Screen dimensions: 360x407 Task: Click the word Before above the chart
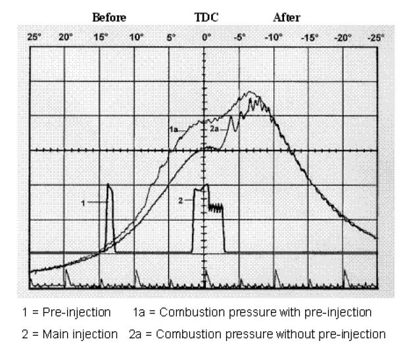tap(109, 17)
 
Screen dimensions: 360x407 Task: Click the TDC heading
tap(206, 17)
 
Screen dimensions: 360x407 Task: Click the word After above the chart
tap(286, 17)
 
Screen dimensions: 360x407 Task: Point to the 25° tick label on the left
tap(34, 37)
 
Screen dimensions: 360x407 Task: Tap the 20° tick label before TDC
tap(66, 37)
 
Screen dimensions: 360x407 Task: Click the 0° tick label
tap(206, 37)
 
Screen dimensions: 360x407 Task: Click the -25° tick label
tap(375, 37)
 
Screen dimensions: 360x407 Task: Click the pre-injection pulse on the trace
tap(110, 217)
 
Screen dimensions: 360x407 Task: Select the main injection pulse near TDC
tap(206, 217)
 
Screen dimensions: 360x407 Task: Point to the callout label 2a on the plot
tap(214, 130)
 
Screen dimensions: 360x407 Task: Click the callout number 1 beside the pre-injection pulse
tap(83, 204)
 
